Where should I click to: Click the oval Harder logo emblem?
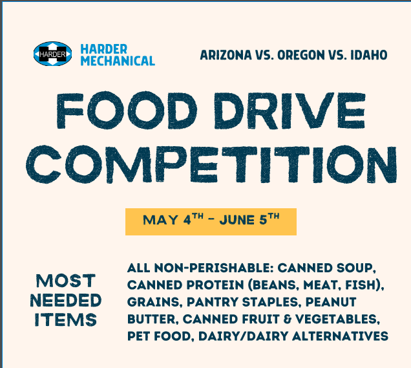click(x=53, y=54)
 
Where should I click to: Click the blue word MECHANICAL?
click(x=118, y=61)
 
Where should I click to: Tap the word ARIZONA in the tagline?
click(x=226, y=55)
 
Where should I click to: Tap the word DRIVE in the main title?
click(x=290, y=110)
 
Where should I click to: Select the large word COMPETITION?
click(x=211, y=164)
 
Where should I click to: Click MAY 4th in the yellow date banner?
click(x=173, y=219)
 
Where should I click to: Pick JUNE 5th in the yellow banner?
click(x=249, y=219)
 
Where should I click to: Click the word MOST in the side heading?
click(x=65, y=281)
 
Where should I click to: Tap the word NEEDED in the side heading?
click(x=65, y=300)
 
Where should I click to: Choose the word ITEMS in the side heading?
click(x=65, y=319)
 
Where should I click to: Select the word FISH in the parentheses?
click(x=361, y=285)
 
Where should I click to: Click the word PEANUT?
click(x=331, y=302)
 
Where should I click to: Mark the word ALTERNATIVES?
click(x=340, y=336)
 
